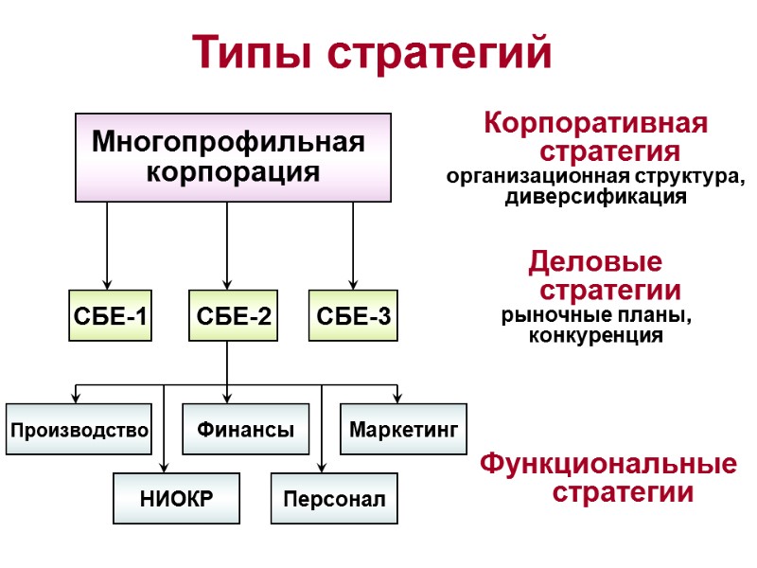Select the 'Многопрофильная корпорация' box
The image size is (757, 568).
[233, 157]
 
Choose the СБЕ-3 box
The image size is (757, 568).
[354, 315]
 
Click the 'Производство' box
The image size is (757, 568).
[79, 430]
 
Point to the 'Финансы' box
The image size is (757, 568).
[246, 430]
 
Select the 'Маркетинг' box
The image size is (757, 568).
[403, 430]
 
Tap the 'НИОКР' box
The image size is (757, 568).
[176, 499]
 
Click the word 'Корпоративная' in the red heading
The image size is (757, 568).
[595, 123]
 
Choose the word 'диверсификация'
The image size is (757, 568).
[595, 197]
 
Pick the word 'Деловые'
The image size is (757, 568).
[595, 260]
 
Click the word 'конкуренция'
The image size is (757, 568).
[595, 335]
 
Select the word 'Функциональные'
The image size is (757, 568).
[608, 465]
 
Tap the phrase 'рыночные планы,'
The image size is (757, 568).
[596, 315]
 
